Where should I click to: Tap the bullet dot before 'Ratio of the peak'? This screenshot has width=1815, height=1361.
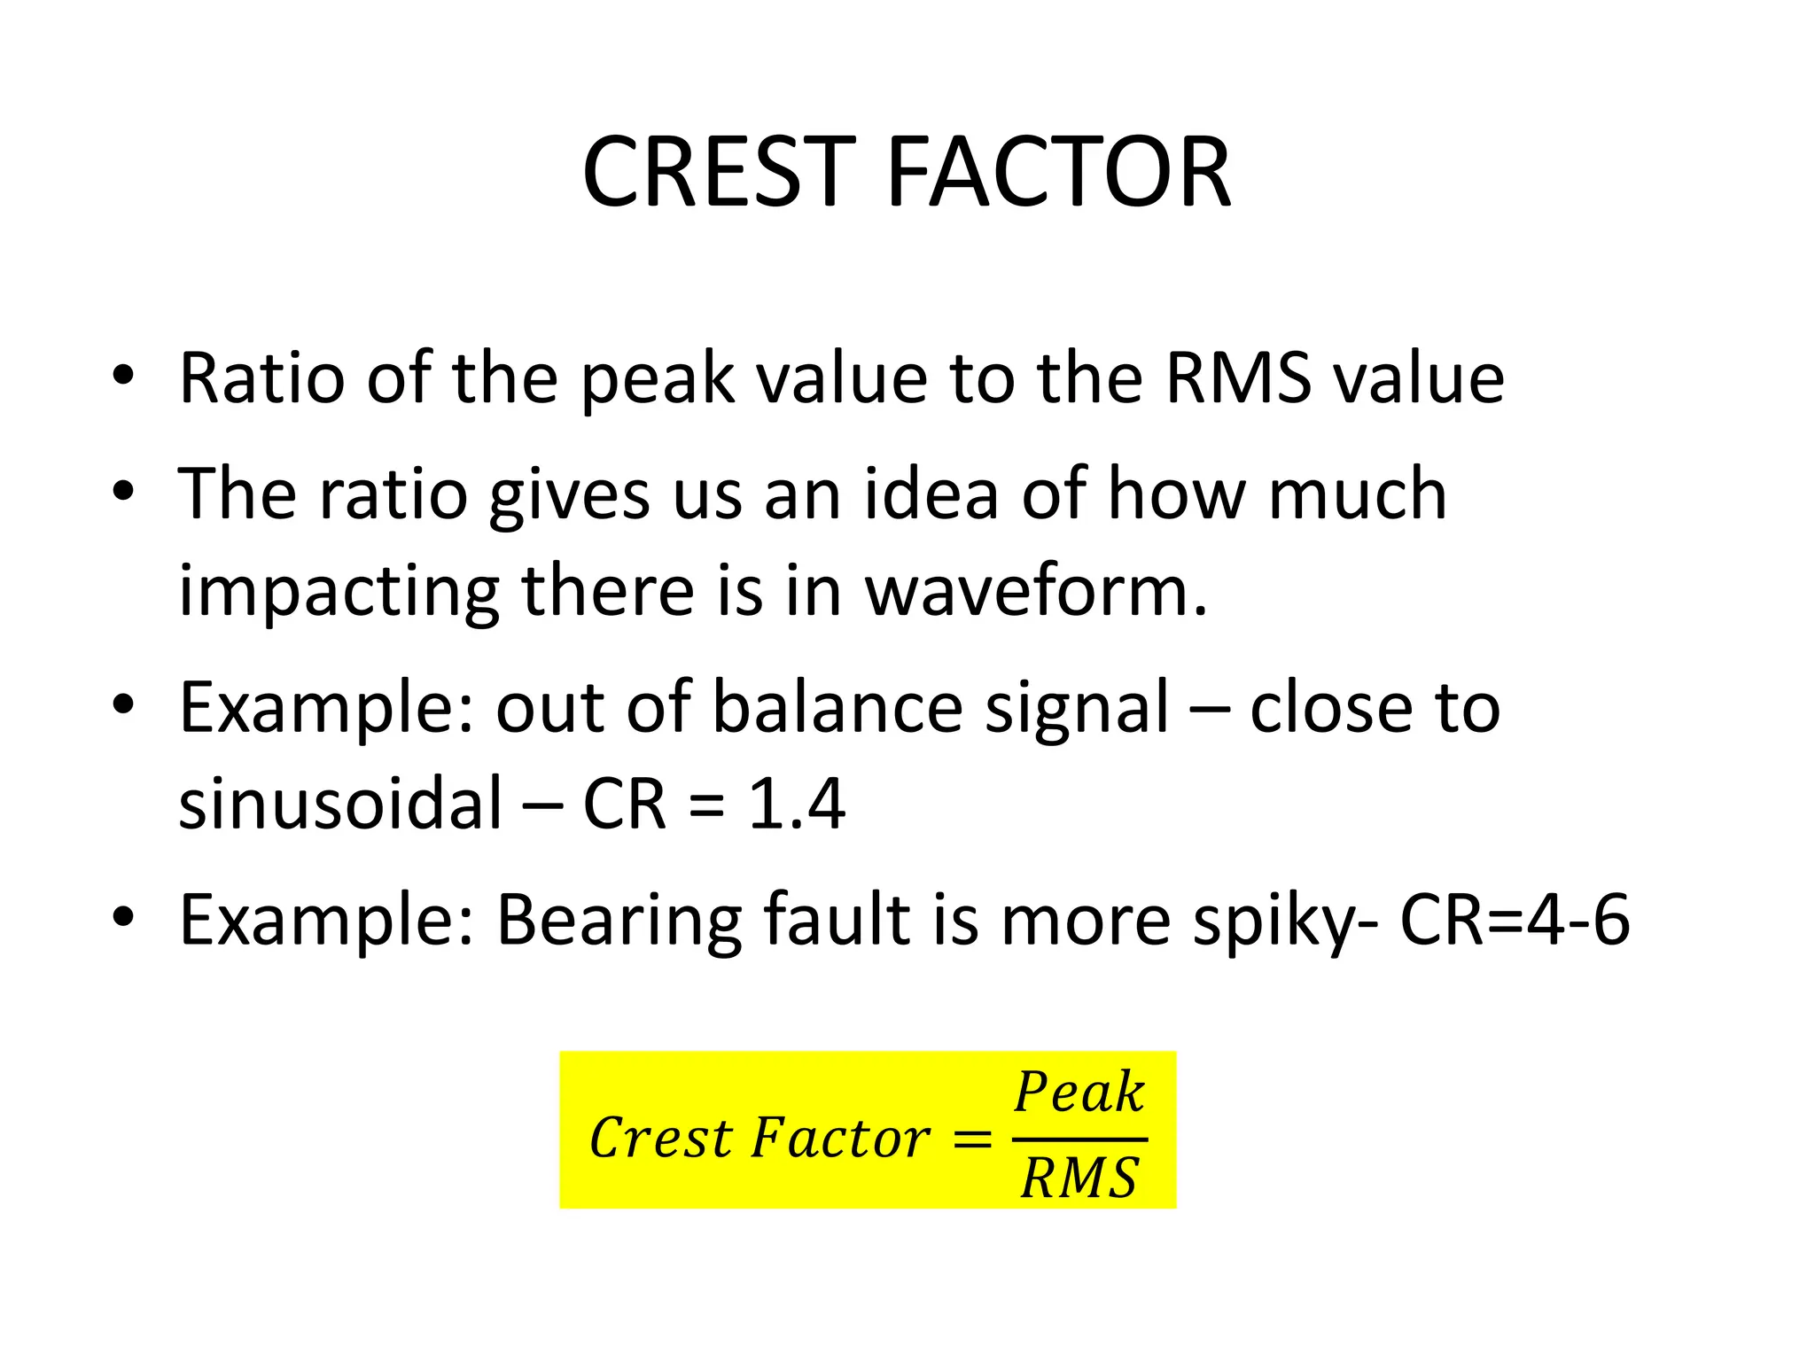click(x=123, y=376)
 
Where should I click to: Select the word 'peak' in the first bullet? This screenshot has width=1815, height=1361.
click(x=657, y=379)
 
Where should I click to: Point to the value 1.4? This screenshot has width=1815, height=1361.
click(x=796, y=803)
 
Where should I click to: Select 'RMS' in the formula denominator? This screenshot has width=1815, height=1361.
click(x=1079, y=1178)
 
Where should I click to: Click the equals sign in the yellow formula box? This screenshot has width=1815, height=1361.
click(x=971, y=1139)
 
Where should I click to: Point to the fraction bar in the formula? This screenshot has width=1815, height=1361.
click(x=1079, y=1139)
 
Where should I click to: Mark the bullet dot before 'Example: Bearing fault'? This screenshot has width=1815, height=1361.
click(x=123, y=918)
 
